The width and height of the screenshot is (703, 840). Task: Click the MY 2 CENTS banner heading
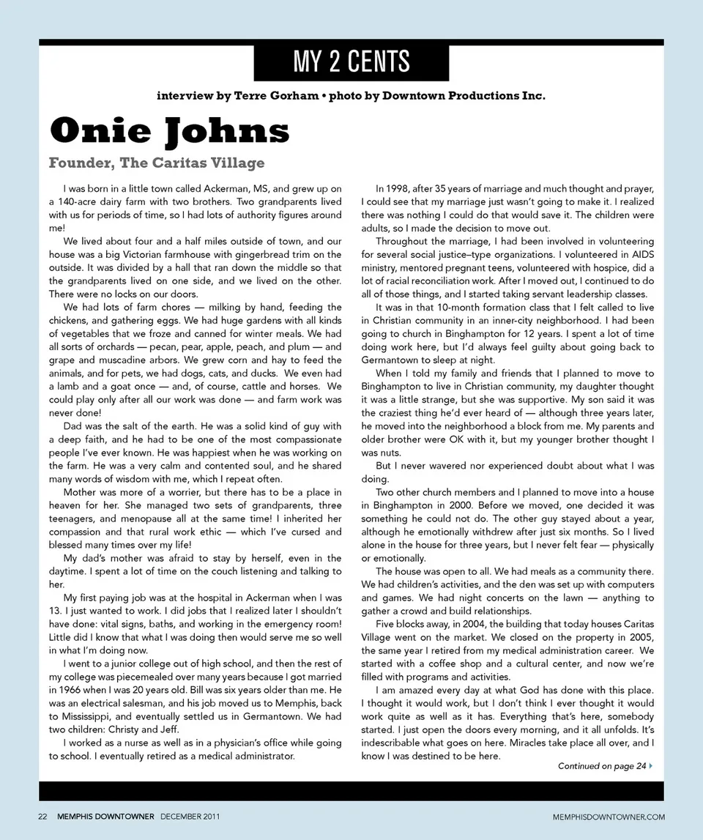click(x=351, y=62)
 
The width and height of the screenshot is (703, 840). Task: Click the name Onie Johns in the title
click(x=169, y=131)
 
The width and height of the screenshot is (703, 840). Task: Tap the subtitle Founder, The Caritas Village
click(x=157, y=162)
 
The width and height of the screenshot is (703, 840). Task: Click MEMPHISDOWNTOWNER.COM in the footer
click(x=608, y=816)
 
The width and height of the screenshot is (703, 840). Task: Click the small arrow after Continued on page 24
click(x=651, y=766)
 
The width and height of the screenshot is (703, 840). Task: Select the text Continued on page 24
click(x=602, y=766)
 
